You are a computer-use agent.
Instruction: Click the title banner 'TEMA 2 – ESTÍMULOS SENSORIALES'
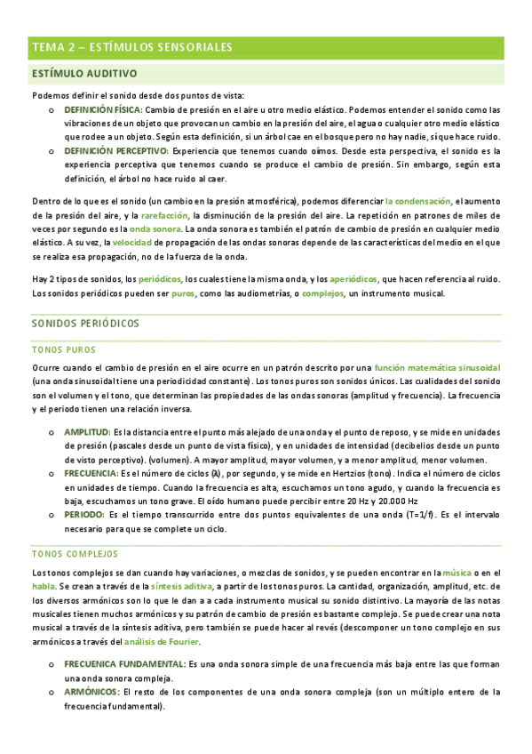tap(131, 46)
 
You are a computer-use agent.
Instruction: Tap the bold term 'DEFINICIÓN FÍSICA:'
tap(102, 109)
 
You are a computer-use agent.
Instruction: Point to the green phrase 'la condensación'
tap(417, 202)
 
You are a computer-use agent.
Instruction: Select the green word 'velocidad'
tap(131, 243)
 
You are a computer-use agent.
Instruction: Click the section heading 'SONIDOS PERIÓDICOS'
tap(87, 326)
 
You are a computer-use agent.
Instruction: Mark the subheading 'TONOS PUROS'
tap(63, 350)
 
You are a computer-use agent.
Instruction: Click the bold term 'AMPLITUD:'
tap(86, 431)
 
